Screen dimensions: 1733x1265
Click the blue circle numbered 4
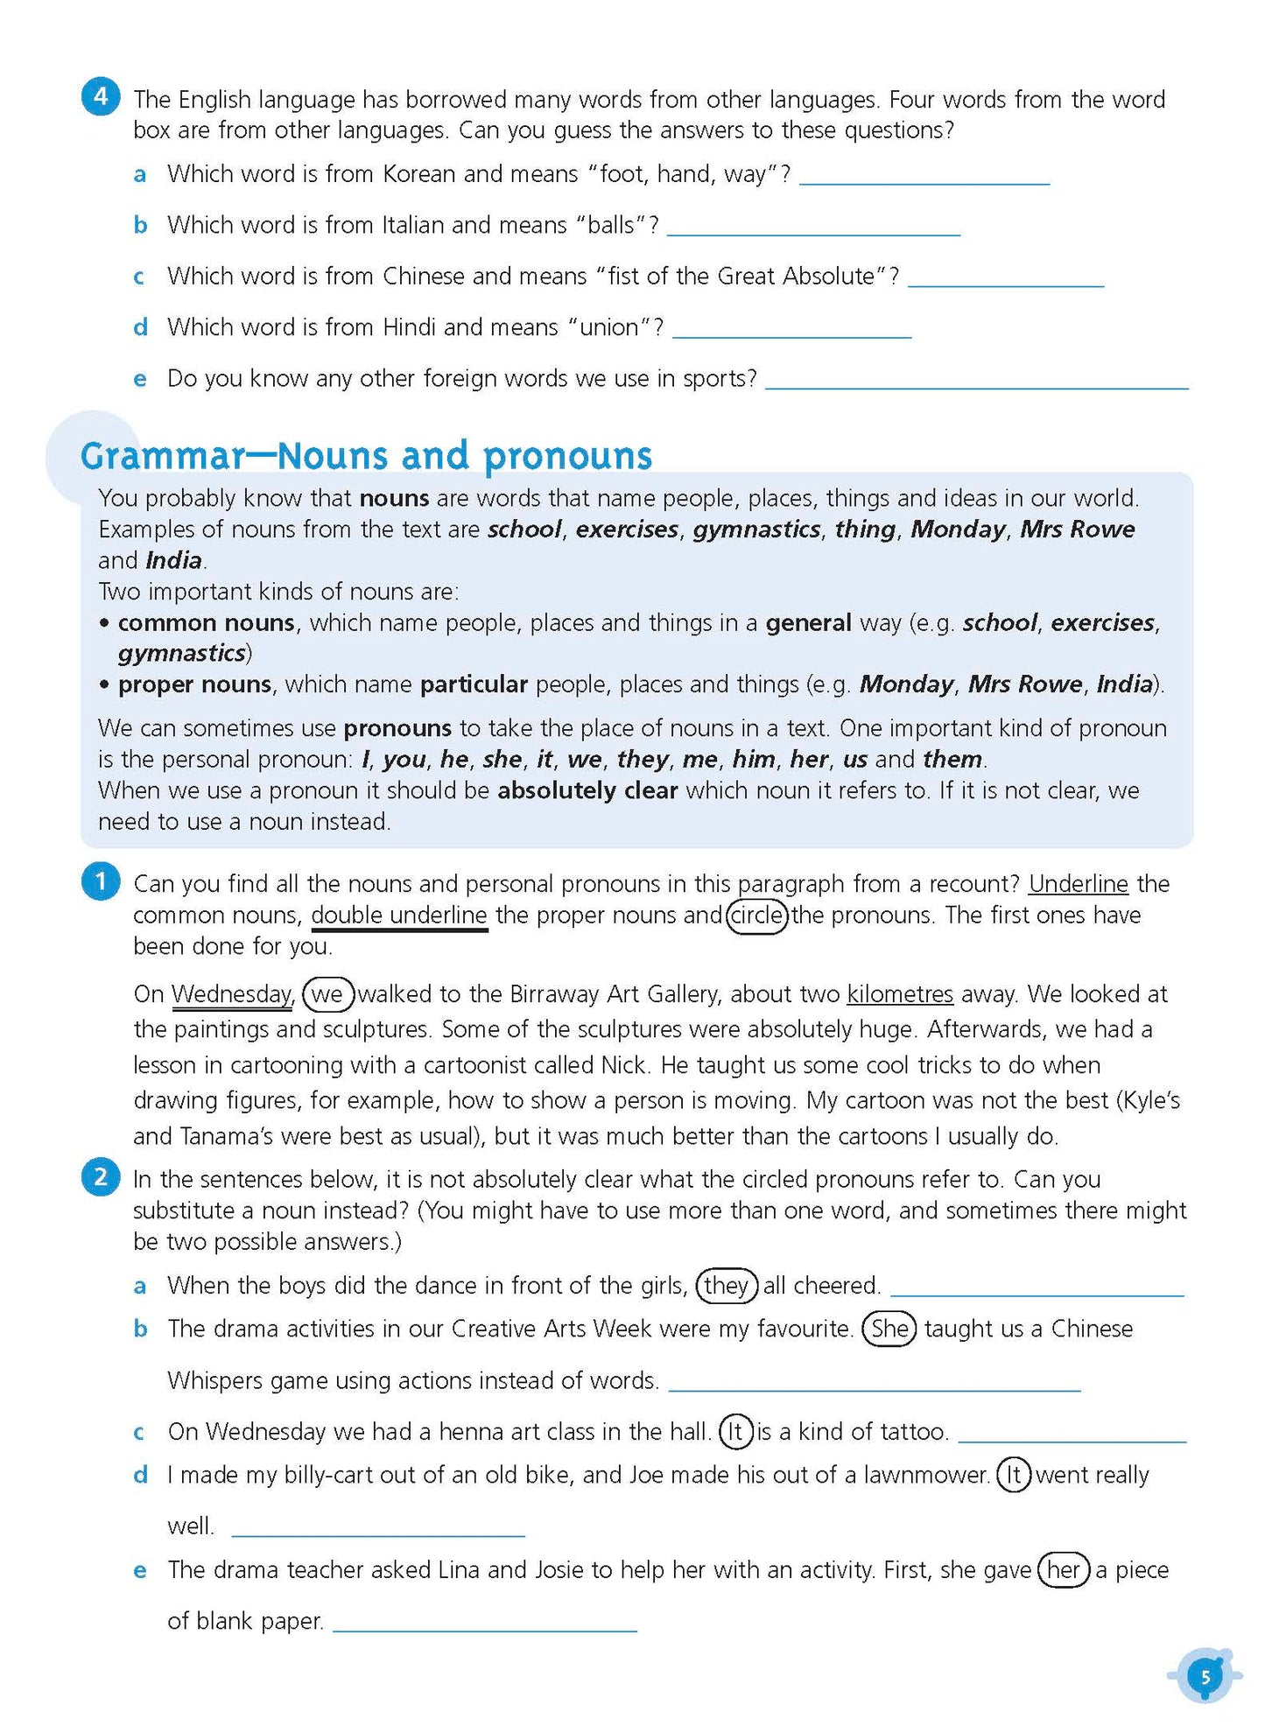point(101,95)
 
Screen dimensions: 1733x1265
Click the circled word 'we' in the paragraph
point(327,994)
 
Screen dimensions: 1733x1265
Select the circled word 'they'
point(726,1285)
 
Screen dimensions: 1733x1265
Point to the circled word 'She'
point(889,1329)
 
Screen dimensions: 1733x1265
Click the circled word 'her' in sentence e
point(1064,1569)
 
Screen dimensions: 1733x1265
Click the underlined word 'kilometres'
point(900,994)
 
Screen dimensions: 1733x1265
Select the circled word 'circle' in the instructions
point(757,916)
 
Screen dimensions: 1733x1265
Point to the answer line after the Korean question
point(924,179)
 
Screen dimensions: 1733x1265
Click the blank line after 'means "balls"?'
point(813,231)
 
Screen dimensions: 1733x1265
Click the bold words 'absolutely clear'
point(587,790)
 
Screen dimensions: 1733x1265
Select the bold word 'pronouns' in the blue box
point(397,728)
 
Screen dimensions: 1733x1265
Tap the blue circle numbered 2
point(101,1176)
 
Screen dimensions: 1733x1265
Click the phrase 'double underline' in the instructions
point(399,916)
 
